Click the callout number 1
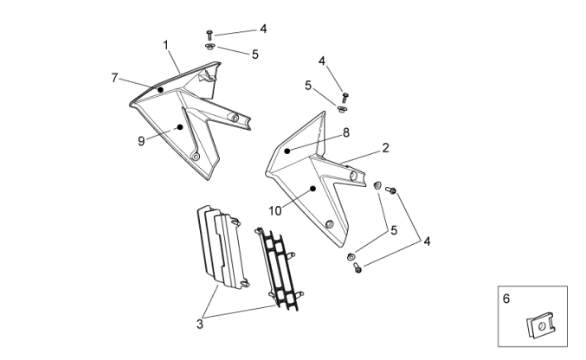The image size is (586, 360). coord(164,43)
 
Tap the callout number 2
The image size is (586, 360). coord(385,148)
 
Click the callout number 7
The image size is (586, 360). coord(114,78)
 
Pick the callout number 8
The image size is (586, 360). coord(345,132)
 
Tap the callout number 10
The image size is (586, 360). coord(275,210)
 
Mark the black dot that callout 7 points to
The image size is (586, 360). coord(160,90)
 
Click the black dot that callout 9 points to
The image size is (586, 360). coord(180,127)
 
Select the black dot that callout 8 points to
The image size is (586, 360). coord(287,151)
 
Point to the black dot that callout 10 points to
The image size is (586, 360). coord(312,188)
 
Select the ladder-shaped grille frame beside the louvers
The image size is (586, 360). coord(279,267)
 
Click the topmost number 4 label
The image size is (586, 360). coord(263,29)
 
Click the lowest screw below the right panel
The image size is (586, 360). coord(357,268)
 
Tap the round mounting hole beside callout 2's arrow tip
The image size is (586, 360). coord(353,177)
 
